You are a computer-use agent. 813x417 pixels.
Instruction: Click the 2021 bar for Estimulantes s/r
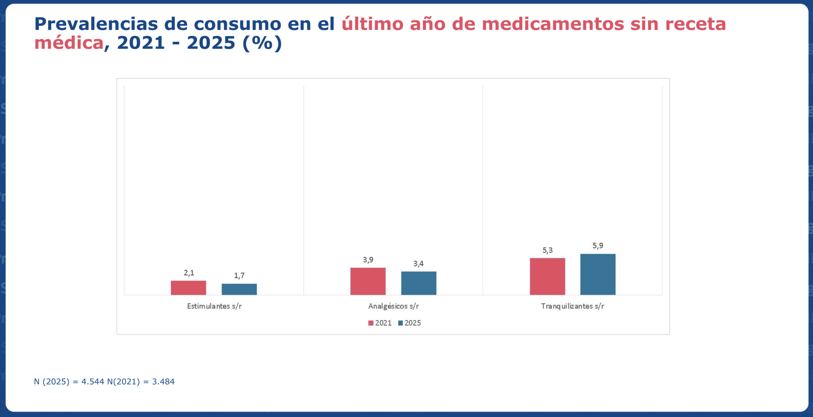(188, 288)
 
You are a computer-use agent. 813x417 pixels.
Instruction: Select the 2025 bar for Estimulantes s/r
(239, 289)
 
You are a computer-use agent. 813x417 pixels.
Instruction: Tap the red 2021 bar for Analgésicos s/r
(368, 281)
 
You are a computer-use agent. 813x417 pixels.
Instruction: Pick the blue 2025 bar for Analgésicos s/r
(419, 283)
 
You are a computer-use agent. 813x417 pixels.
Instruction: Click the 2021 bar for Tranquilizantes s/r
(547, 276)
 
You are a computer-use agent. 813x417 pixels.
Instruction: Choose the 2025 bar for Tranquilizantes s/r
(598, 274)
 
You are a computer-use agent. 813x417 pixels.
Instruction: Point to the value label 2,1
(189, 273)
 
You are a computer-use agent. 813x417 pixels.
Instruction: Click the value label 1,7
(239, 276)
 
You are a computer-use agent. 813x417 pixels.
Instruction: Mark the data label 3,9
(368, 260)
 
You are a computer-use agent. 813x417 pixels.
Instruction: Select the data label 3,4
(418, 264)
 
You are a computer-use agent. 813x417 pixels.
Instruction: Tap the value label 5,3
(548, 250)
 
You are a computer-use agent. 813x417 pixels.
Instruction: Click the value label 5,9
(598, 245)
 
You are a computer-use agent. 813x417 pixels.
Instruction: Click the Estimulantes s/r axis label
(214, 306)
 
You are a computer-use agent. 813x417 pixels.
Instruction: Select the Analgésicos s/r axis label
(393, 306)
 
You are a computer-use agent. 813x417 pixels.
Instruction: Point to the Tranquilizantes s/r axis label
(572, 306)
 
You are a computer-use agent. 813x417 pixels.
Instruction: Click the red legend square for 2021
(371, 323)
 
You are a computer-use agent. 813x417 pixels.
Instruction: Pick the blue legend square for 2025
(400, 323)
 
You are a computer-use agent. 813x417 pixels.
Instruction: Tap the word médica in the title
(69, 43)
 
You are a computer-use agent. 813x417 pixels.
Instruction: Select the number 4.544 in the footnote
(93, 381)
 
